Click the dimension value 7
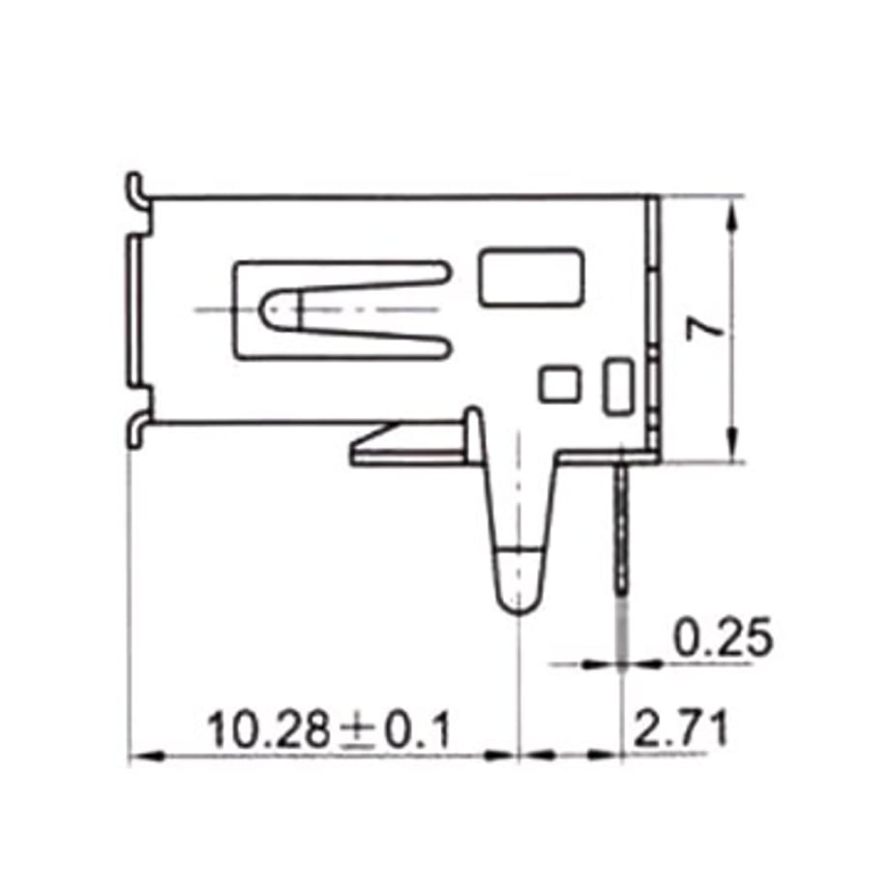[x=704, y=329]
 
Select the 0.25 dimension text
[x=723, y=637]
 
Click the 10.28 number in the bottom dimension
[x=269, y=729]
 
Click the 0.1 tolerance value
[x=418, y=730]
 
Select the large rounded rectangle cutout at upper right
[x=530, y=278]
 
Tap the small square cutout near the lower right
[x=560, y=385]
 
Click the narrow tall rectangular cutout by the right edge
[x=618, y=387]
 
